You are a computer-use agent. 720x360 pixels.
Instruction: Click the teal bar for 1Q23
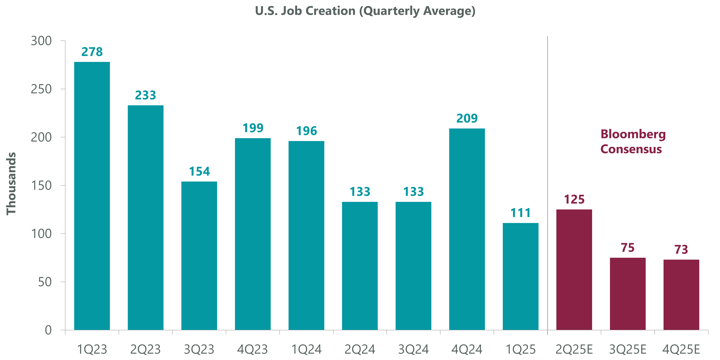(92, 196)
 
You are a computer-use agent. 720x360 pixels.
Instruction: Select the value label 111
(520, 213)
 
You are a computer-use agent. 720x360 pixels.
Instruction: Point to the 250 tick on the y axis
(41, 89)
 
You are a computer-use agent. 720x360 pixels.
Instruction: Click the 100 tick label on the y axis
(41, 234)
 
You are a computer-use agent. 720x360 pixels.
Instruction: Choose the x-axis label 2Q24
(360, 349)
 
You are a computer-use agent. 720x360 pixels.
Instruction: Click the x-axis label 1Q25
(520, 349)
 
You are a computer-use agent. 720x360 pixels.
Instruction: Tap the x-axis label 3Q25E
(628, 349)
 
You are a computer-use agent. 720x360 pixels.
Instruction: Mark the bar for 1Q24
(306, 235)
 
